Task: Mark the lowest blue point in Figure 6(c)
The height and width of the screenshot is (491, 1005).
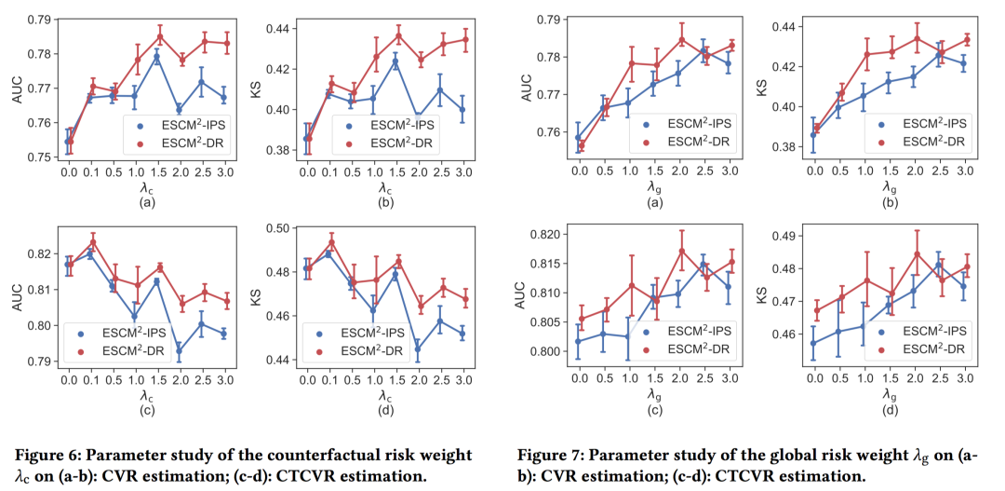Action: (180, 352)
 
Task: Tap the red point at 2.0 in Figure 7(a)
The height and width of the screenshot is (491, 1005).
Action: (681, 39)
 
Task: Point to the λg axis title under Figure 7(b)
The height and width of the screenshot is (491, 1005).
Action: (891, 187)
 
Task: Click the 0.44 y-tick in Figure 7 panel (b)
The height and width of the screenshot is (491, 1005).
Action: (791, 27)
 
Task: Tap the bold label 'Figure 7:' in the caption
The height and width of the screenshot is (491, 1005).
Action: (550, 455)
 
